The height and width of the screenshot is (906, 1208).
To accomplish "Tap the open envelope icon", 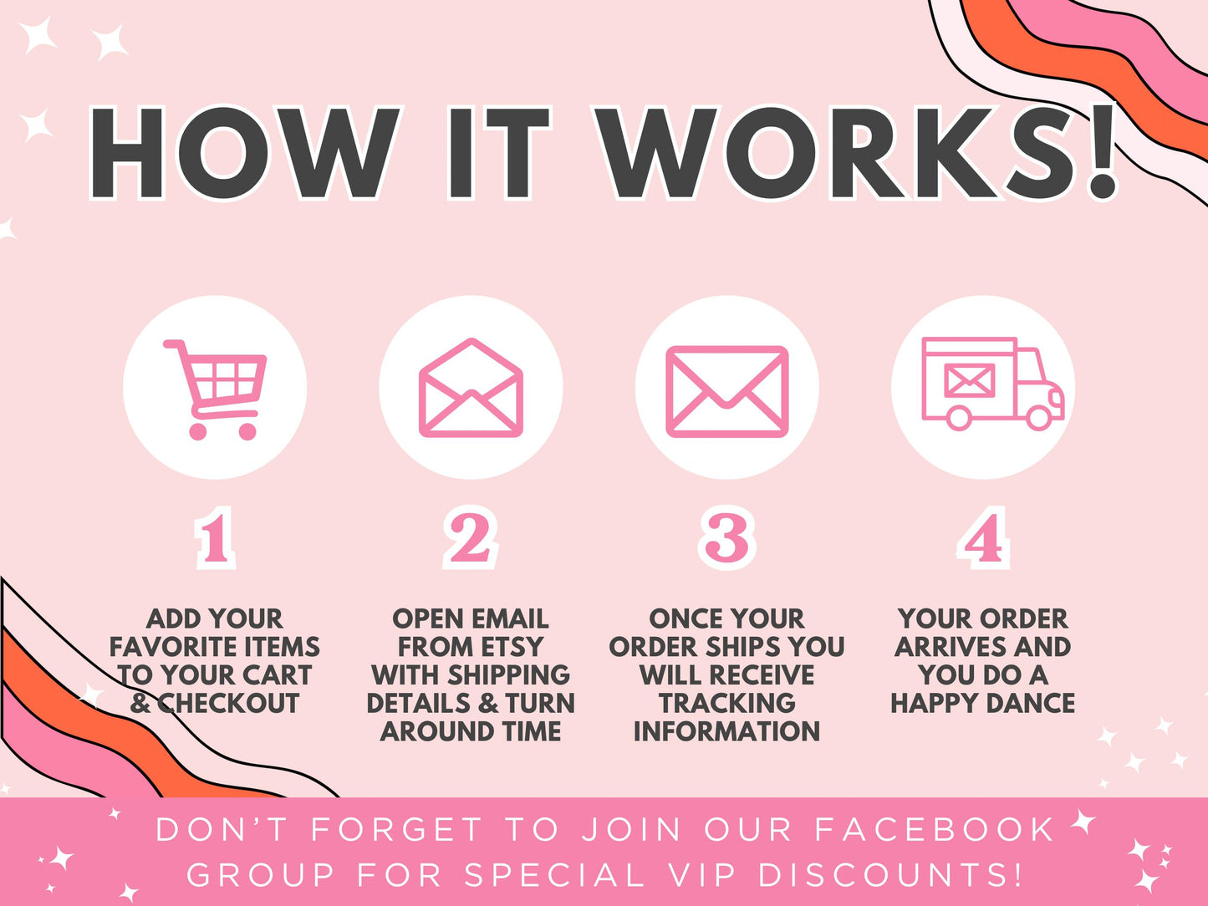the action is coord(471,388).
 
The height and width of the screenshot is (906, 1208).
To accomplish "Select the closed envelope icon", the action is coord(727,392).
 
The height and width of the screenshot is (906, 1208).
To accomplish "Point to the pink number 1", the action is coord(215,537).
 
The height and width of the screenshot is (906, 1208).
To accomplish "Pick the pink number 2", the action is coord(471,537).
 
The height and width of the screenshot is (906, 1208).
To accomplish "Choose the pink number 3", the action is coord(727,537).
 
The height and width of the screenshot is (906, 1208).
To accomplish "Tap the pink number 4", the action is coord(983,537).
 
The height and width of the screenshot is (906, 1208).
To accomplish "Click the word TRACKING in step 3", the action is coord(727,703).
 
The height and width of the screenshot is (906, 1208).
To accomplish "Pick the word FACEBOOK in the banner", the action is coord(934,830).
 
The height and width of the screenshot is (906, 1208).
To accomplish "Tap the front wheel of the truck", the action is coord(1038,418).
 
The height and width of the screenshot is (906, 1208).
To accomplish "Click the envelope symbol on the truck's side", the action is coord(969,380).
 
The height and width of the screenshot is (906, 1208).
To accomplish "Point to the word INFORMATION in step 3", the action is coord(727,731).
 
